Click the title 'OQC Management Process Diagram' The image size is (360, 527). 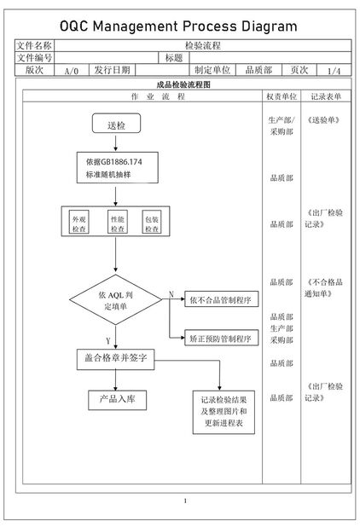tap(179, 26)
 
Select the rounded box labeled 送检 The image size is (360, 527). tap(115, 125)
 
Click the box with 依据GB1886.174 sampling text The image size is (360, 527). tap(115, 168)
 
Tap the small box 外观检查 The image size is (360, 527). tap(79, 224)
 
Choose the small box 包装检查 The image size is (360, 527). tap(152, 224)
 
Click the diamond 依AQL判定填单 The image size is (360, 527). tap(115, 301)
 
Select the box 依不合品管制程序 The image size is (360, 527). tap(219, 300)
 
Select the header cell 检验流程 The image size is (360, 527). tap(202, 44)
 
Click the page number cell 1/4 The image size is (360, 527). tap(333, 71)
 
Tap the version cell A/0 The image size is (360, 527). tap(72, 71)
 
